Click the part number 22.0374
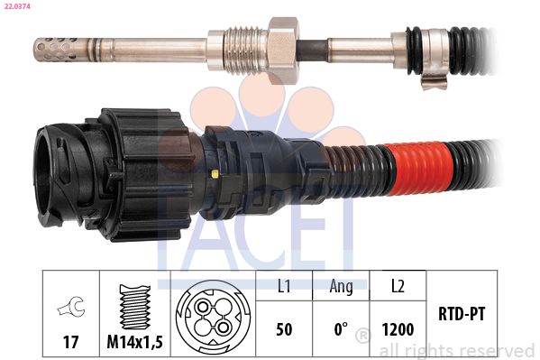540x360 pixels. tap(15, 6)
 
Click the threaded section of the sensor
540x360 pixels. tap(245, 51)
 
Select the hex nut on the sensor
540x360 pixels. tap(284, 51)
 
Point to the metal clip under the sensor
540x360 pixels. tap(433, 82)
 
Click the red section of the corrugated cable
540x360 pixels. tap(419, 169)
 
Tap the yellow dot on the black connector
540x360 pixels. tap(215, 173)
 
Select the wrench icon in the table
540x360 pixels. tap(71, 306)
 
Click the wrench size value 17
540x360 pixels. tap(71, 342)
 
